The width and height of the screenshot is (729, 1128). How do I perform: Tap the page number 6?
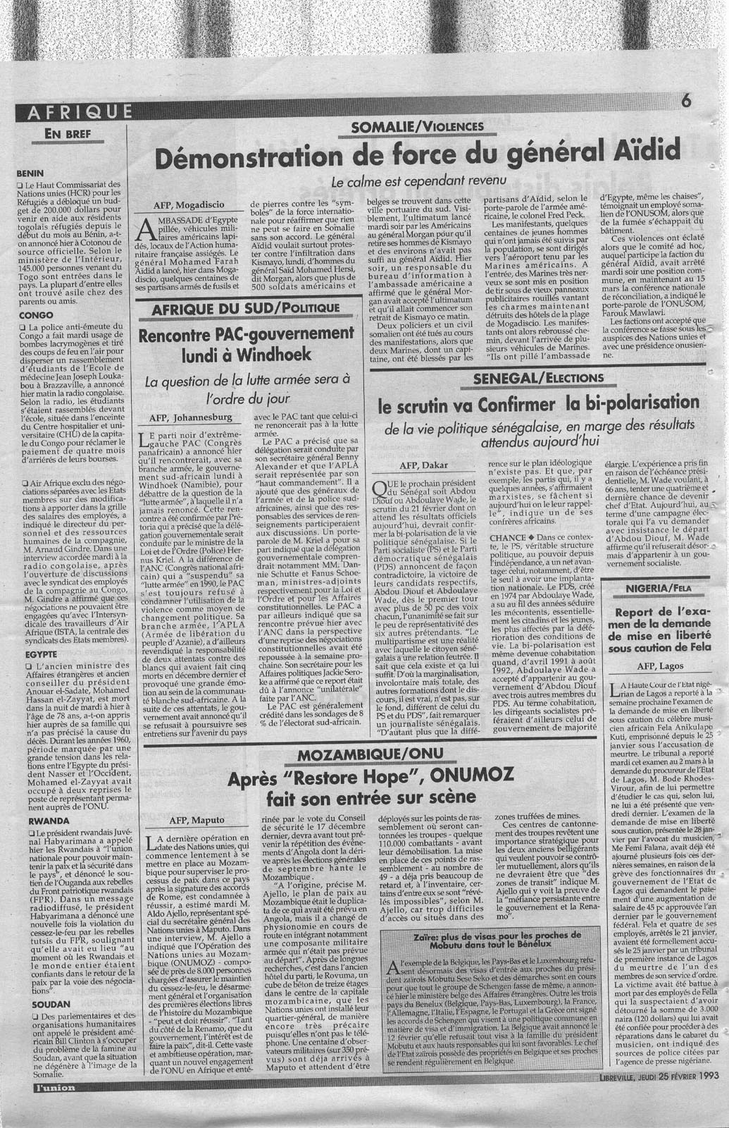coord(686,101)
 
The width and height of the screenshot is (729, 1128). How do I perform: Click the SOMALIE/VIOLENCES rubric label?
coord(421,126)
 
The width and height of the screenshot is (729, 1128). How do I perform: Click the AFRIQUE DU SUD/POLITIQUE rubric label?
coord(247,307)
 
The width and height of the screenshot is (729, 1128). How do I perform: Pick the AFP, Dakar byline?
coord(423,465)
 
